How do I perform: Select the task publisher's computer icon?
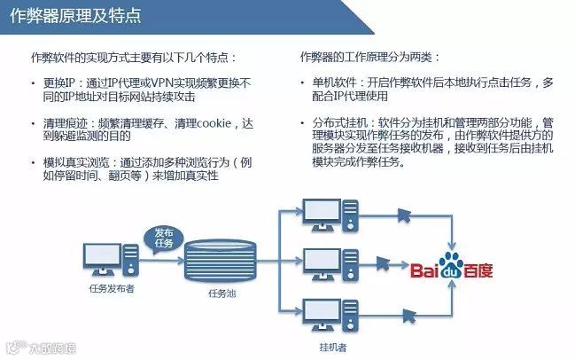pos(111,260)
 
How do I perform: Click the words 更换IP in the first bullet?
pos(61,82)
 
